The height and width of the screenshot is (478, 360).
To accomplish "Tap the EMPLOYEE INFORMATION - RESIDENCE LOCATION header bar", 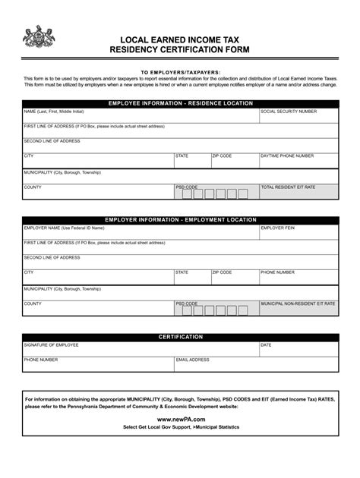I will [x=180, y=102].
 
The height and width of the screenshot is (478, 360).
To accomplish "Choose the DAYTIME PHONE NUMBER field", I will [x=298, y=160].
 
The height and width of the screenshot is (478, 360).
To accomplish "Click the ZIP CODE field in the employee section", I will [x=234, y=160].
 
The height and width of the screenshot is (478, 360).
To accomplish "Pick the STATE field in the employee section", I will [x=192, y=160].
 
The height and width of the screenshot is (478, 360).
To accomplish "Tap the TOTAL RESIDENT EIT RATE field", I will [x=298, y=191].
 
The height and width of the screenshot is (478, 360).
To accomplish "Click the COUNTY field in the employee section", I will [x=97, y=191].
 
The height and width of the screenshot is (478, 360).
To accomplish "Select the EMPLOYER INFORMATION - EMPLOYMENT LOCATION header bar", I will [x=180, y=219].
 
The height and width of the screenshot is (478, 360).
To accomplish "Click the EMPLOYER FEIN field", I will [x=298, y=231].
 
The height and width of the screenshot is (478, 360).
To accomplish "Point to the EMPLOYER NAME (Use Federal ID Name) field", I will [x=141, y=231].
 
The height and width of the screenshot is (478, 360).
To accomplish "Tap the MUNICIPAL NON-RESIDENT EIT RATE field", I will [x=298, y=308].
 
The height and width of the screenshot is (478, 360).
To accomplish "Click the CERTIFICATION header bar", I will [x=180, y=336].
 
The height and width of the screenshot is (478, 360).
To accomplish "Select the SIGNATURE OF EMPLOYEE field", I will [x=141, y=349].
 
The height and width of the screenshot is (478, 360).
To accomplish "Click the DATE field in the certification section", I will [x=298, y=349].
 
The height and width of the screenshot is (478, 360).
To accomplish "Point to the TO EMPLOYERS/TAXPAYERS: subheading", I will [x=180, y=72].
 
